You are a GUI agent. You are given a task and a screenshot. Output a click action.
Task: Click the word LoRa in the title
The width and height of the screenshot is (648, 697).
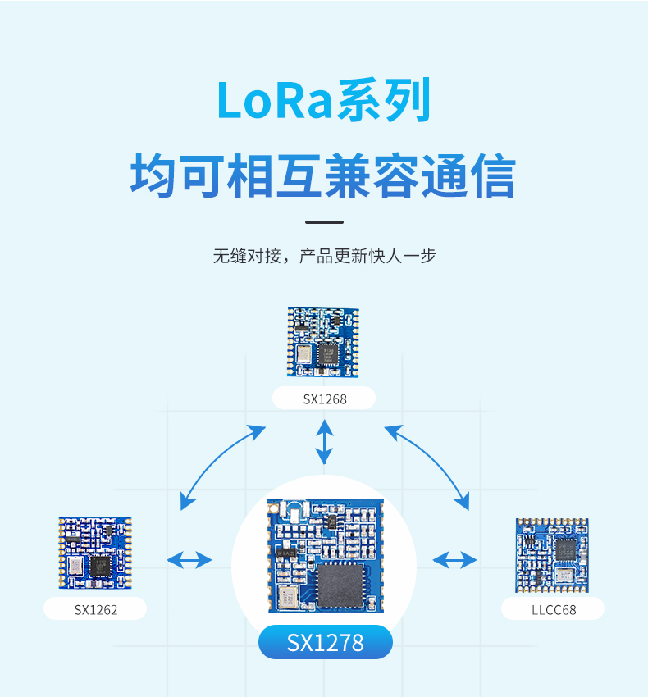coord(276,100)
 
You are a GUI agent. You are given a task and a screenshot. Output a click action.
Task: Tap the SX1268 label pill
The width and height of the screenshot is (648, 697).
coord(324,398)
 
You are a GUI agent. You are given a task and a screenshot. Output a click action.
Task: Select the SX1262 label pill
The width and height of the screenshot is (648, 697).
coord(95,608)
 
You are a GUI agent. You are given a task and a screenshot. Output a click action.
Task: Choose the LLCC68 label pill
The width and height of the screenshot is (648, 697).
coord(553,608)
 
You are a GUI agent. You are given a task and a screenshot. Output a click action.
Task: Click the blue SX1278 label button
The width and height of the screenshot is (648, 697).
coord(326,642)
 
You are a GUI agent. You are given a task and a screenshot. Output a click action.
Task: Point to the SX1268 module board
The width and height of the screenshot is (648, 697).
coord(323,342)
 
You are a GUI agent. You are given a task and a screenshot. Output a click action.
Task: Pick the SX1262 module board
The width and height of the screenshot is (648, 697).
coord(95,553)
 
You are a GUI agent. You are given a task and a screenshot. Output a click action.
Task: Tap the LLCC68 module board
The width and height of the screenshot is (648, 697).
coord(552,555)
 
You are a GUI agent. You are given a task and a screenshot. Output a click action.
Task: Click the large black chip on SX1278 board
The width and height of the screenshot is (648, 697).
coord(340,585)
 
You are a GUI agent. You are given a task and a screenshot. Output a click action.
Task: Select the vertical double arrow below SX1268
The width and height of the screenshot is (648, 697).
coord(324,441)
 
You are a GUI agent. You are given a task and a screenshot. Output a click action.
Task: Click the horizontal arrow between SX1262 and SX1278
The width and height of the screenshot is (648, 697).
coord(189,560)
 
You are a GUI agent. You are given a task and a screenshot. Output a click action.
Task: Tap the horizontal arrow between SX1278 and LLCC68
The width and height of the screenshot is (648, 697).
coord(454,560)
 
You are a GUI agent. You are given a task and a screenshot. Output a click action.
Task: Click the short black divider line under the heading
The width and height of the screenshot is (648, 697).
coord(324,222)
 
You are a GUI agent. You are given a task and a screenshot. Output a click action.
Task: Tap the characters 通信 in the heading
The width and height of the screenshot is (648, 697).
coord(468,175)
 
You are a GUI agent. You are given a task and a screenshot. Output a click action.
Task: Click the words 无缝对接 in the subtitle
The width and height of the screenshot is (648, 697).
coord(247,256)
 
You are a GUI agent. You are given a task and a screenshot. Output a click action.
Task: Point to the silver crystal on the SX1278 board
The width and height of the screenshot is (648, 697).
coord(288,597)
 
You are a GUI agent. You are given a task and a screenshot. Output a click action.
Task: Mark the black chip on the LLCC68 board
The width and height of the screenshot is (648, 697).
coord(566,549)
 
